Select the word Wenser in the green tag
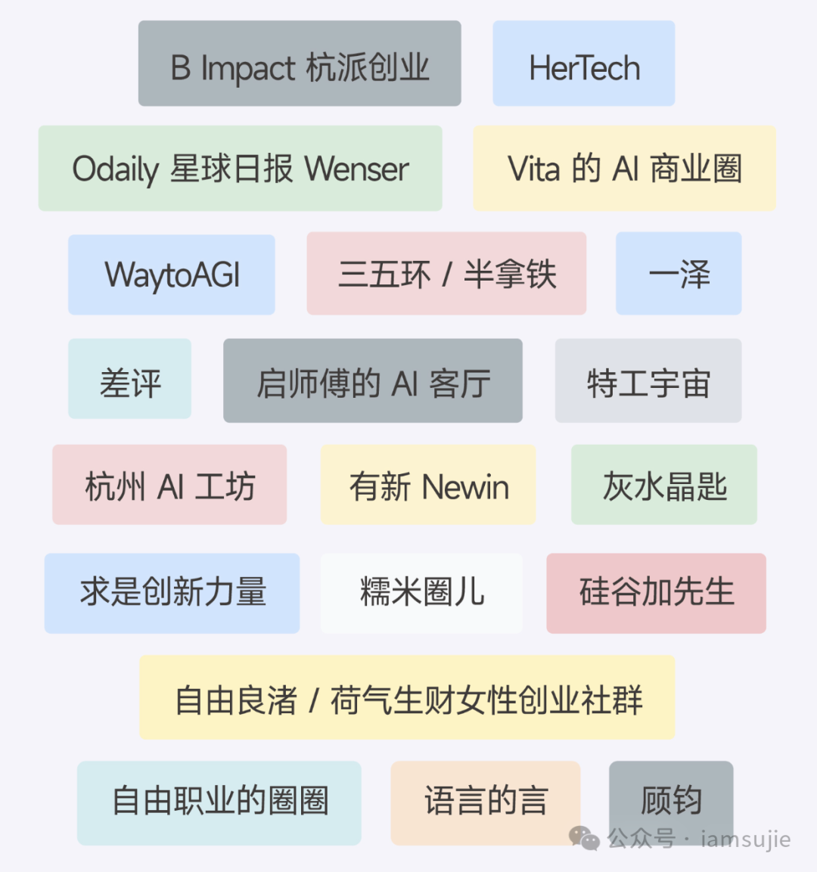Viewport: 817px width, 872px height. (359, 169)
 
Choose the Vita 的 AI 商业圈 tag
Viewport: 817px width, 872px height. (624, 169)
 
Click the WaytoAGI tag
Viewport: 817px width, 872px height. (172, 275)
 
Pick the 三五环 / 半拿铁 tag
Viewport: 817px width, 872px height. (446, 274)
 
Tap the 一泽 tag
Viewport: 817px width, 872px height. (679, 274)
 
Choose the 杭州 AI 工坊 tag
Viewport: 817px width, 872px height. (169, 486)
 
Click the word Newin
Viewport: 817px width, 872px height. (465, 487)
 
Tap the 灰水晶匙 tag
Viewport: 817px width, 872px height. (664, 486)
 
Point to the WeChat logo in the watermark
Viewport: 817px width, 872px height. (584, 838)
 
